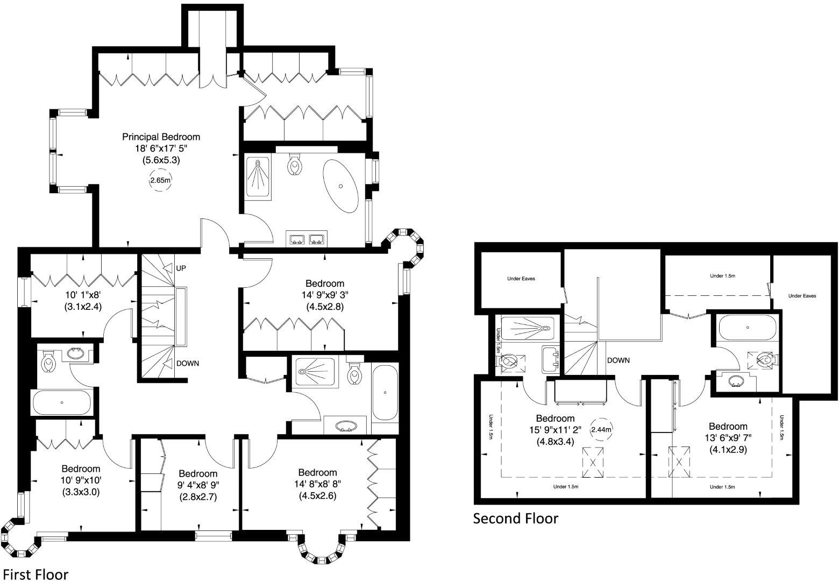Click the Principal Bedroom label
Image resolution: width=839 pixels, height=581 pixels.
161,137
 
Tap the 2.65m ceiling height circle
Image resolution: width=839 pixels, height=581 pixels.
160,181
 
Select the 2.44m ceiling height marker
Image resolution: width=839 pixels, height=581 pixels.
600,430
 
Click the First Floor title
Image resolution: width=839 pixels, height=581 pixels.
35,574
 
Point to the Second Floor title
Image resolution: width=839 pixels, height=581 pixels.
515,518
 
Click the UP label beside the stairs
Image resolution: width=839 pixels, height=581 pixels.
181,268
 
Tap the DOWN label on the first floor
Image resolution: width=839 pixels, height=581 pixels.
187,363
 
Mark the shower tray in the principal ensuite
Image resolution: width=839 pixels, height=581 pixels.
259,178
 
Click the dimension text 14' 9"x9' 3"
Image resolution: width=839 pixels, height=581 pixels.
324,295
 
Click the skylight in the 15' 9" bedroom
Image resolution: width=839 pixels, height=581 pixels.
593,462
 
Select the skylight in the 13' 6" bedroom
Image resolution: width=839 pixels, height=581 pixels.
679,462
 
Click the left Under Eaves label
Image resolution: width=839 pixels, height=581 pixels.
521,279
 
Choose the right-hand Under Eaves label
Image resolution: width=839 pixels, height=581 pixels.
802,295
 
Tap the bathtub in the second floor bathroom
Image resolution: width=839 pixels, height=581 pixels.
747,327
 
